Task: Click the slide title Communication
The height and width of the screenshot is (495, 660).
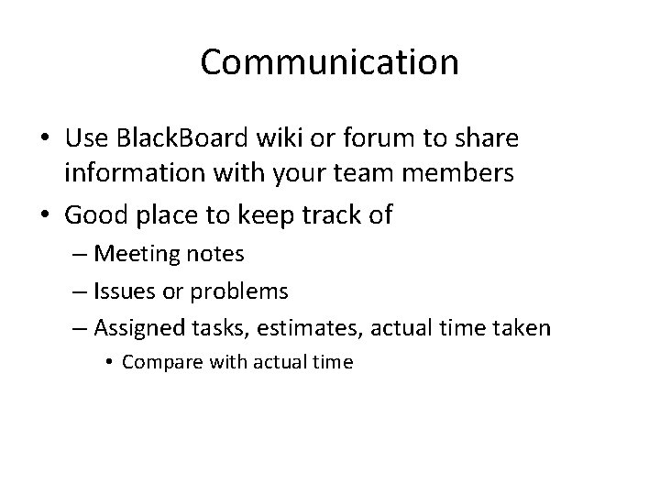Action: point(330,62)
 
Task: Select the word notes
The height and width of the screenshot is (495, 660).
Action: point(216,252)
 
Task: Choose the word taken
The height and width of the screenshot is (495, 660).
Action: point(522,329)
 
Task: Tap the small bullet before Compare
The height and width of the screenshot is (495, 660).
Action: point(111,362)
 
